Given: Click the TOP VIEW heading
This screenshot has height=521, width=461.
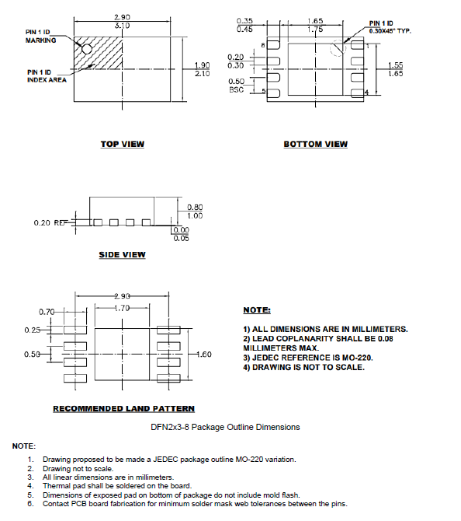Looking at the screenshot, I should tap(122, 144).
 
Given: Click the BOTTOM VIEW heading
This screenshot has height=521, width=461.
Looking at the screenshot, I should tap(315, 144).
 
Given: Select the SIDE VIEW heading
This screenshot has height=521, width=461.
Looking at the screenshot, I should tap(122, 255).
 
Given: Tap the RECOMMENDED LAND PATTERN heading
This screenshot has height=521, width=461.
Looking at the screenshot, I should tap(123, 408).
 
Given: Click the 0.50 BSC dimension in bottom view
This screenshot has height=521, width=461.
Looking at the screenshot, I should tap(236, 85).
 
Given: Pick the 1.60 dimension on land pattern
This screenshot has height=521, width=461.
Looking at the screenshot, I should tap(204, 355).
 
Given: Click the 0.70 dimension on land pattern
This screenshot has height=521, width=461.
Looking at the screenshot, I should tap(47, 312).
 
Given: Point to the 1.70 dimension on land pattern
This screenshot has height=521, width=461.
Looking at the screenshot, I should tap(122, 308).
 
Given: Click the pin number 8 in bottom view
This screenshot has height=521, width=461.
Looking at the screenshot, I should tap(262, 46).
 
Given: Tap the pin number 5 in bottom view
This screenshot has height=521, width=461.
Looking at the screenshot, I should tap(262, 93).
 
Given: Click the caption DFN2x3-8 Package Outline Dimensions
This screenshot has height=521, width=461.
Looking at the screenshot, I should tap(225, 427).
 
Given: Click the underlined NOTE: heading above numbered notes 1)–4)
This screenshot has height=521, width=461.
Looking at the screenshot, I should tap(256, 310).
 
